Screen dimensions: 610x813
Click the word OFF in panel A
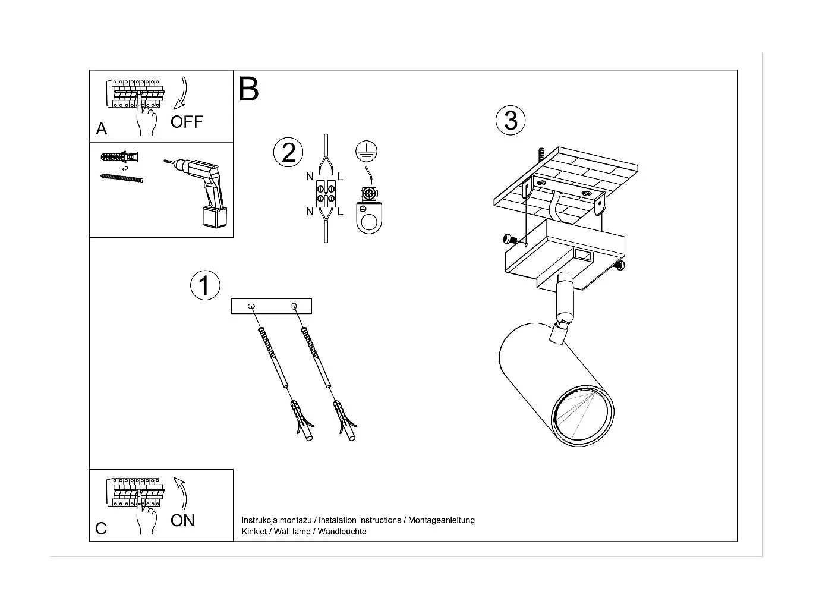point(187,122)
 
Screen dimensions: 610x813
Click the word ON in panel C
point(182,520)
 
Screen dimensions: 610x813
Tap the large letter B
point(249,90)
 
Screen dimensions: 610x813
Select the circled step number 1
point(205,285)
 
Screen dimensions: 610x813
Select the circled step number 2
point(288,152)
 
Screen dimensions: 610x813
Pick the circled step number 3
point(511,120)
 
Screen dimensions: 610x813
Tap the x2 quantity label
point(125,169)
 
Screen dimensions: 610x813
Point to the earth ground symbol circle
point(367,152)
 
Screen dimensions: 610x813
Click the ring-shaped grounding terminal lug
point(368,219)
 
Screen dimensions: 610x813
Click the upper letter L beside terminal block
point(341,176)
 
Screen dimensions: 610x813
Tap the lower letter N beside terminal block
point(310,212)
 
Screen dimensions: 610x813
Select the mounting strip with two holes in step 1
point(272,306)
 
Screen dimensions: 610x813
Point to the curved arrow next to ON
point(182,492)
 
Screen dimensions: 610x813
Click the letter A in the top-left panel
point(102,129)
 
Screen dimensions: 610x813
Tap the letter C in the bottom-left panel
point(101,529)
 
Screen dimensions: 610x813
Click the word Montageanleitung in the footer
point(442,520)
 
